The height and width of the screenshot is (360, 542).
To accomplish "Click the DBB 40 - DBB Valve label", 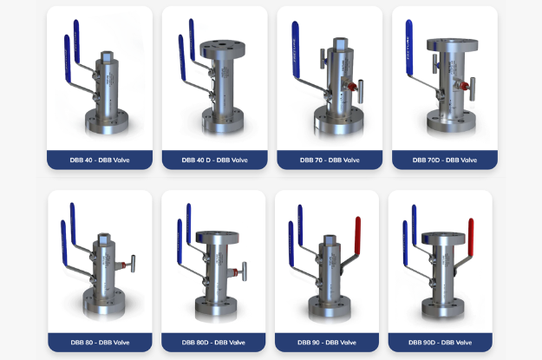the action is [x=100, y=160].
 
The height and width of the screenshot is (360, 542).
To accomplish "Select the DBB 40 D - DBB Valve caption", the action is [x=215, y=160].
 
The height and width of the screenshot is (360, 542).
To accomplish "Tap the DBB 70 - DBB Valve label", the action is [x=330, y=160].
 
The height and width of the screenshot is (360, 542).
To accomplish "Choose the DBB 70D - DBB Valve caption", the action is [x=445, y=160].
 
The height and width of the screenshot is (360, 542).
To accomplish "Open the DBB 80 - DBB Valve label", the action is [x=100, y=343].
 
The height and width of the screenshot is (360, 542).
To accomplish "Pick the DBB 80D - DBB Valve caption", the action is [x=213, y=343].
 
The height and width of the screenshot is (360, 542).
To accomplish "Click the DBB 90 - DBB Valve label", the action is [x=327, y=343].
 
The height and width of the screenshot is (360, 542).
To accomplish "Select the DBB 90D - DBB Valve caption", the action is [x=440, y=343].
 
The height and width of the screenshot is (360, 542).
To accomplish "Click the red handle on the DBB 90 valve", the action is [x=358, y=236].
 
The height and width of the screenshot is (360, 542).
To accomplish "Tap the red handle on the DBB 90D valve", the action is [x=471, y=237].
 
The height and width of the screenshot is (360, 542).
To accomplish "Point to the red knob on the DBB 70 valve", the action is [x=352, y=86].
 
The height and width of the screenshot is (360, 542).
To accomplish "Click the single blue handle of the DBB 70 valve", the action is [x=296, y=49].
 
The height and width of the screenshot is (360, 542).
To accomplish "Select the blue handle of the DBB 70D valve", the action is [x=409, y=47].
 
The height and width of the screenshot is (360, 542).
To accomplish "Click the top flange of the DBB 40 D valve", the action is [x=223, y=49].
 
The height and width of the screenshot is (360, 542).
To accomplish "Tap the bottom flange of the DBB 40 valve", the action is [x=107, y=121].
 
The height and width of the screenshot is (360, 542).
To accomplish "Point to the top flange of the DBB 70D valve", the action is [x=453, y=45].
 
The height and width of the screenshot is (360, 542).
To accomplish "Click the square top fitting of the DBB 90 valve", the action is [x=330, y=240].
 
